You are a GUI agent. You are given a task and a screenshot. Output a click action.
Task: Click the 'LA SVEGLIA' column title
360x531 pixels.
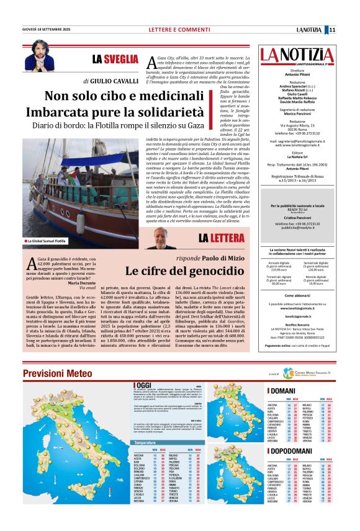click(x=115, y=59)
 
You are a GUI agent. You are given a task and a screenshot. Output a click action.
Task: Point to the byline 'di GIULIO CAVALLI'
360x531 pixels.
click(x=110, y=81)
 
